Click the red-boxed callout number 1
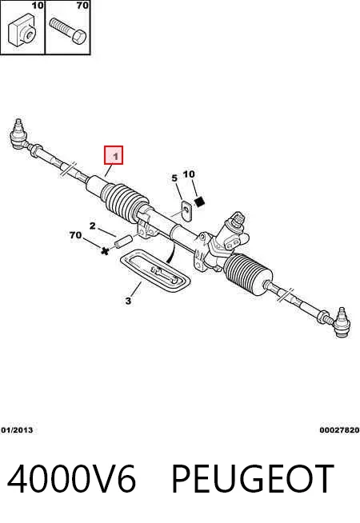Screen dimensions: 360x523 tap(114, 155)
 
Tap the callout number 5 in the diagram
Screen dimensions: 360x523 tap(174, 178)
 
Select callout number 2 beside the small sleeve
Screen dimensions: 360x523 tap(93, 226)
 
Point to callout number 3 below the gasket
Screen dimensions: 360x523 tap(129, 301)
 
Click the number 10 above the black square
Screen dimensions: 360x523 tap(189, 174)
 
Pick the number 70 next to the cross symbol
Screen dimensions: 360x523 tap(75, 235)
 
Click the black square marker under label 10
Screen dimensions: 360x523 tap(199, 202)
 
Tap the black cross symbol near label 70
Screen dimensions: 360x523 tap(105, 251)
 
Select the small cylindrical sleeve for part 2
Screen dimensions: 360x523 tap(123, 242)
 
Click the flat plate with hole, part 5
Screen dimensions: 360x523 tap(187, 211)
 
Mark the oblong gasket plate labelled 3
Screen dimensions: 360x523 tap(155, 272)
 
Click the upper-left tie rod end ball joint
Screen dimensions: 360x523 tap(18, 134)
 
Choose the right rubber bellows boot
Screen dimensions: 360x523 tap(247, 274)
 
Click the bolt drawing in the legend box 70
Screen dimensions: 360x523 tap(68, 30)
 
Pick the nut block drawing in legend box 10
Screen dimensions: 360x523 tap(22, 30)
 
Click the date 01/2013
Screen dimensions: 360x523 tap(17, 430)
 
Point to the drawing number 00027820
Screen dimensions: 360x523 tap(339, 430)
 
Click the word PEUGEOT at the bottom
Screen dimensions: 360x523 tap(253, 479)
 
